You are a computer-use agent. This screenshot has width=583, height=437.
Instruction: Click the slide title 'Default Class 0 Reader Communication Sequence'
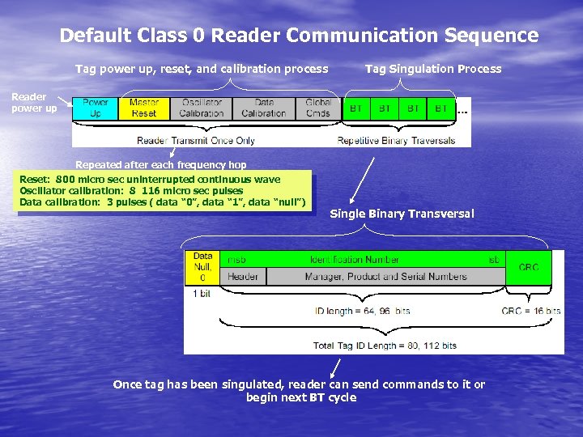click(x=299, y=36)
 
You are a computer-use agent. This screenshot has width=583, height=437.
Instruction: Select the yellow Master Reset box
click(x=143, y=108)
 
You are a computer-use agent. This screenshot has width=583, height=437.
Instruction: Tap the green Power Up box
click(x=96, y=108)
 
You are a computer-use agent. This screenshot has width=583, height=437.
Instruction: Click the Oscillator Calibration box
click(x=202, y=108)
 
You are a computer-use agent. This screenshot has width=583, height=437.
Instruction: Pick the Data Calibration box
click(x=264, y=108)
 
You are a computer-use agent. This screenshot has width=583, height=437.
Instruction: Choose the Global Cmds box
click(x=318, y=108)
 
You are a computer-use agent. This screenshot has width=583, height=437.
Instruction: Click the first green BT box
click(x=355, y=108)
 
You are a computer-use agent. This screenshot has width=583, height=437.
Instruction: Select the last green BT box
click(x=440, y=108)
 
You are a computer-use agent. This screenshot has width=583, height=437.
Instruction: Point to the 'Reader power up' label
click(x=34, y=103)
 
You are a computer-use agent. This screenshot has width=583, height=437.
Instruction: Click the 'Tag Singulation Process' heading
click(x=433, y=69)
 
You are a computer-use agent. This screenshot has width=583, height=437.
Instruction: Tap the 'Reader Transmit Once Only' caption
click(x=196, y=140)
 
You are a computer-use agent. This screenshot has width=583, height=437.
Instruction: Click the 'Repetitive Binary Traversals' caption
click(x=396, y=140)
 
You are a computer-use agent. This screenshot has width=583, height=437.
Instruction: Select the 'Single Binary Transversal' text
click(x=402, y=214)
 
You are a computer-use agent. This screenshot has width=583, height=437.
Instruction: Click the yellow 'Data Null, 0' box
click(x=202, y=267)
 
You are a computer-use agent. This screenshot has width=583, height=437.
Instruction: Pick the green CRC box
click(x=528, y=267)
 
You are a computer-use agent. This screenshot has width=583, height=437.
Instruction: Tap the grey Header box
click(x=243, y=277)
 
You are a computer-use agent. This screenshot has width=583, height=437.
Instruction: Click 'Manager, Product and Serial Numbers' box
click(x=385, y=277)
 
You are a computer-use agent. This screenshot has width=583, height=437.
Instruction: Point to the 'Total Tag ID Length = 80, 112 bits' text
click(x=385, y=346)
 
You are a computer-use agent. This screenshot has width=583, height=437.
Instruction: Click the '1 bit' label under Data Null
click(x=203, y=294)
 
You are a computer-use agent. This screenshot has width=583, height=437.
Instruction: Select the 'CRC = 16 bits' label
click(x=530, y=311)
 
